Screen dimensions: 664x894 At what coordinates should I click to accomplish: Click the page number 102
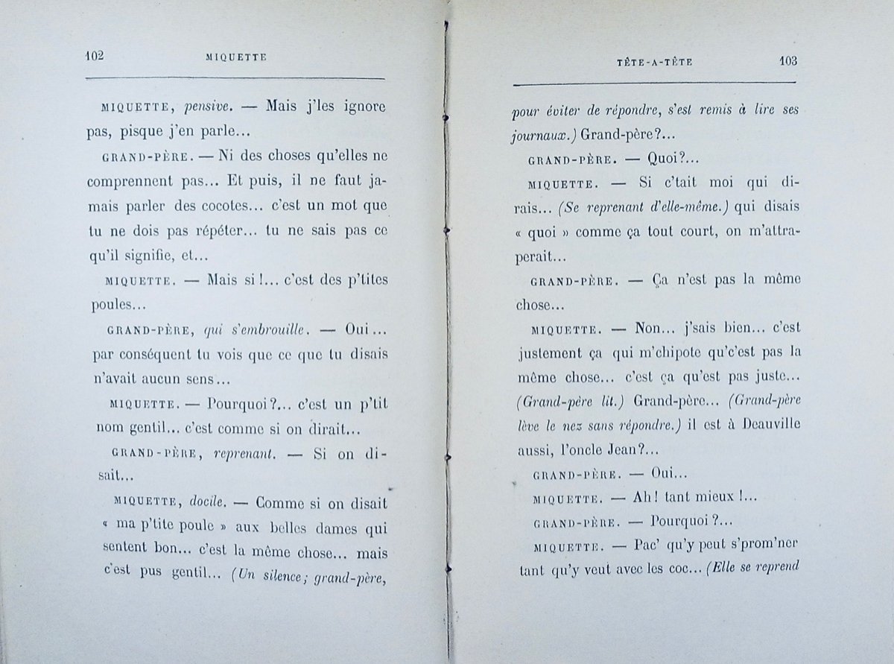(95, 55)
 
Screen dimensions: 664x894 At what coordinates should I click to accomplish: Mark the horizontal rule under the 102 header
(235, 78)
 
